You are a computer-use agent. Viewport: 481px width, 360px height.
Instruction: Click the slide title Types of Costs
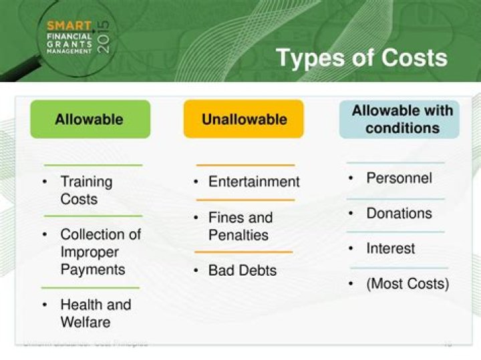pos(361,57)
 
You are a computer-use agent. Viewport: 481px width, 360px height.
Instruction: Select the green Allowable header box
pos(90,120)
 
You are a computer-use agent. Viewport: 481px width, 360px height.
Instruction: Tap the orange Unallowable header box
pos(244,120)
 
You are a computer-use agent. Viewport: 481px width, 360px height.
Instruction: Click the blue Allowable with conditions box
pos(399,120)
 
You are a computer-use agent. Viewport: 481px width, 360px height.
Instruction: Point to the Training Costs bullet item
pos(86,190)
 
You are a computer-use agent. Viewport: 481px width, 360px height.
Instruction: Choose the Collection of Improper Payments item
pos(100,252)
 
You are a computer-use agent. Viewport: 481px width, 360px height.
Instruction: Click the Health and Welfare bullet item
pos(95,313)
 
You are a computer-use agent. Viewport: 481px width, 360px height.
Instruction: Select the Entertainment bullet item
pos(254,182)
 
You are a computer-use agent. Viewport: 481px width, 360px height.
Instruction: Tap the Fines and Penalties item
pos(240,226)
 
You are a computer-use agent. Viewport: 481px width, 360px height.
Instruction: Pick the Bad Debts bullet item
pos(242,271)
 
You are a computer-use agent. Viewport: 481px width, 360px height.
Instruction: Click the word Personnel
pos(399,178)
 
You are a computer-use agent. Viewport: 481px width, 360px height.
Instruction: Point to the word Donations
pos(399,213)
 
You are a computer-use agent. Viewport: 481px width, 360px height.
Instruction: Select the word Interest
pos(390,248)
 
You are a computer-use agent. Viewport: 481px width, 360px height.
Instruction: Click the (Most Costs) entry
pos(408,283)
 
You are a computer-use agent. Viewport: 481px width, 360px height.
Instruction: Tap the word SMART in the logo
pos(69,25)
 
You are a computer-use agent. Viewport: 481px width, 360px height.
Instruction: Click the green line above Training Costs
pos(93,165)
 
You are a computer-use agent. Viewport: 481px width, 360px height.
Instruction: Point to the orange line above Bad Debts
pos(243,252)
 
